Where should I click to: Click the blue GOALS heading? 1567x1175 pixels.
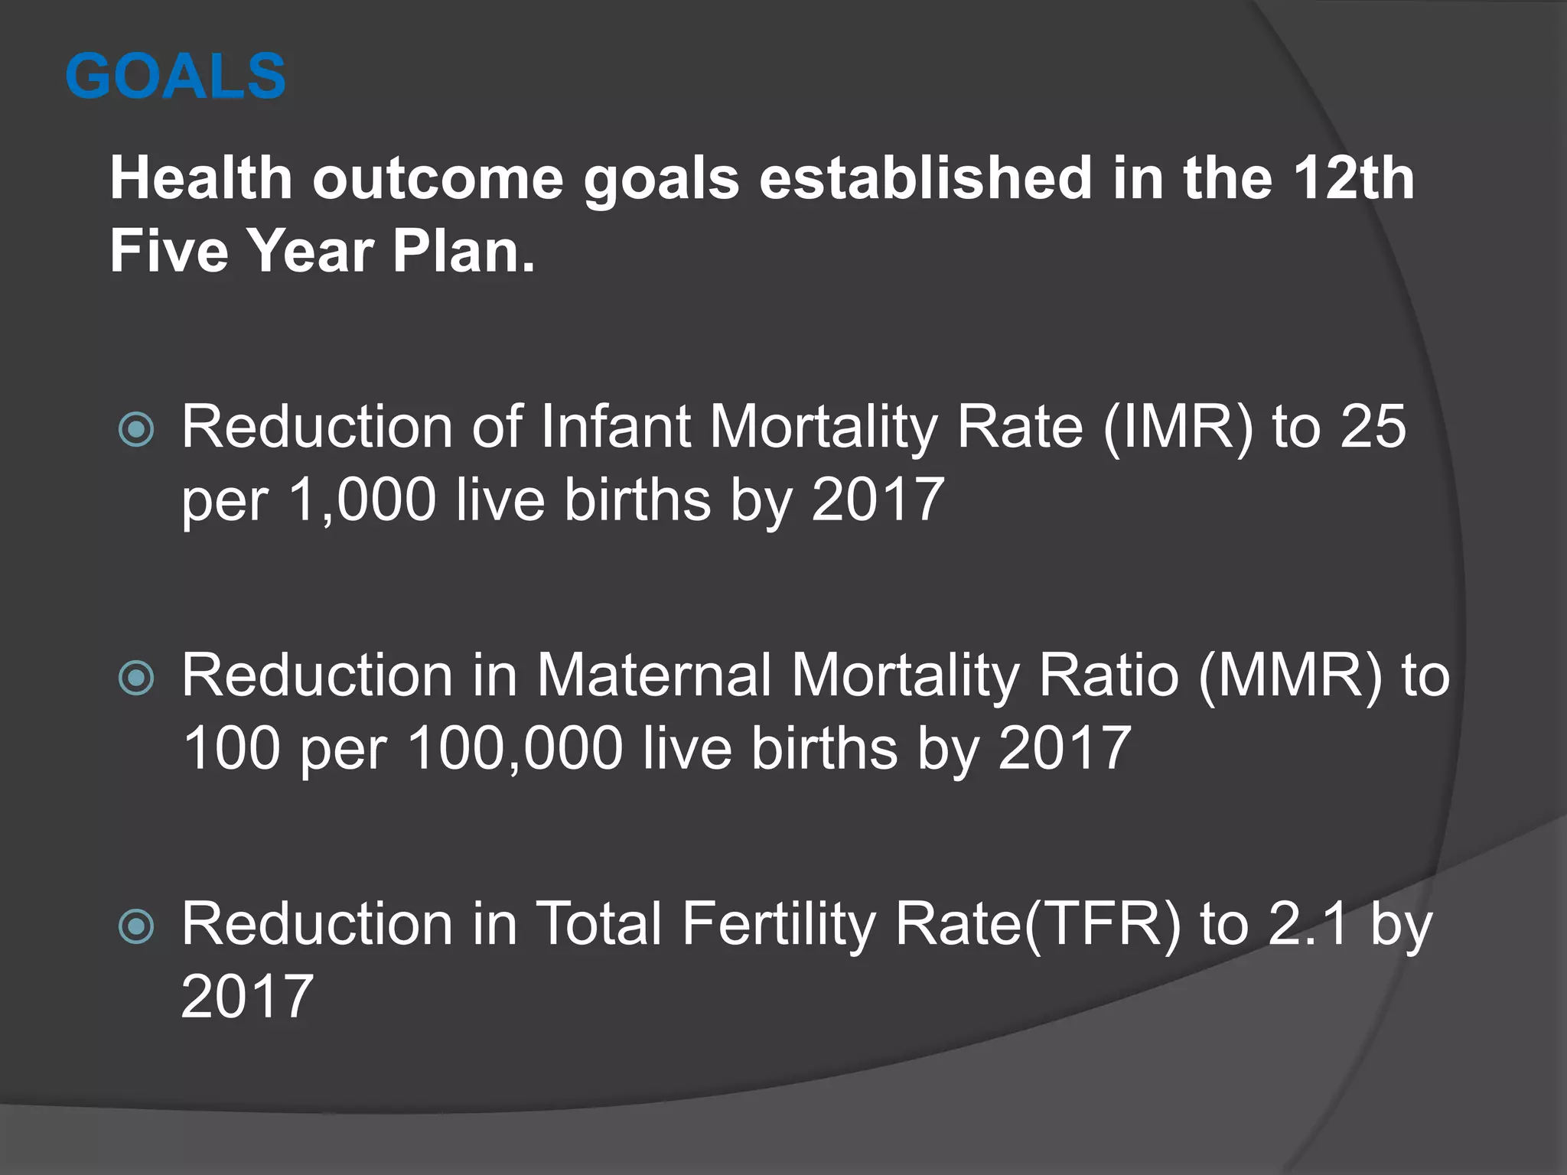point(175,76)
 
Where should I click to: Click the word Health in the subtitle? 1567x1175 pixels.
point(200,179)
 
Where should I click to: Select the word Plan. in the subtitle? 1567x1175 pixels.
point(464,251)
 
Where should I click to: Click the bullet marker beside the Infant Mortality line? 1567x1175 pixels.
point(137,430)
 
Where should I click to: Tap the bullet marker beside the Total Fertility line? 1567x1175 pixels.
point(137,927)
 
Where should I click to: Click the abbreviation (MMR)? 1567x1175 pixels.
point(1291,676)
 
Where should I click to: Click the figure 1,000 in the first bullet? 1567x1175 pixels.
point(362,500)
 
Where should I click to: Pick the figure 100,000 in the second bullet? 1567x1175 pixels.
point(516,748)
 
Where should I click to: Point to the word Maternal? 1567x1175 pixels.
point(654,676)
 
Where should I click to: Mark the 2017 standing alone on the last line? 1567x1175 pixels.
point(247,997)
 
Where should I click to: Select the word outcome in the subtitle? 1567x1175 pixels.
point(438,179)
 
